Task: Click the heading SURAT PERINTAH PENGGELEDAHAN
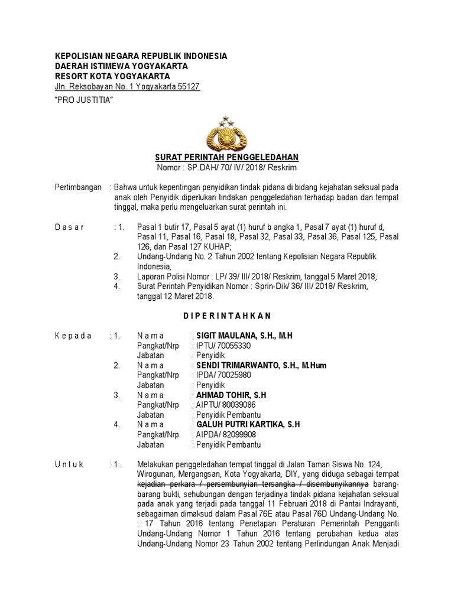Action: pos(227,157)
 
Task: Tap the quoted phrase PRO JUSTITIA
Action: pos(84,100)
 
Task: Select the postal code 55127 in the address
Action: pos(187,87)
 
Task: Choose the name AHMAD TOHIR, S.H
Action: pos(231,395)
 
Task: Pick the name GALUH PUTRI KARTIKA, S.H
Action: pos(248,424)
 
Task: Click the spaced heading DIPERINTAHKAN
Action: pos(226,316)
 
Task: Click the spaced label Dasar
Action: pos(70,227)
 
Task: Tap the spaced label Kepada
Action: pos(73,336)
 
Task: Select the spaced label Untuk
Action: pos(70,464)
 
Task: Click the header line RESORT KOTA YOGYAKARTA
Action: pos(112,76)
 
